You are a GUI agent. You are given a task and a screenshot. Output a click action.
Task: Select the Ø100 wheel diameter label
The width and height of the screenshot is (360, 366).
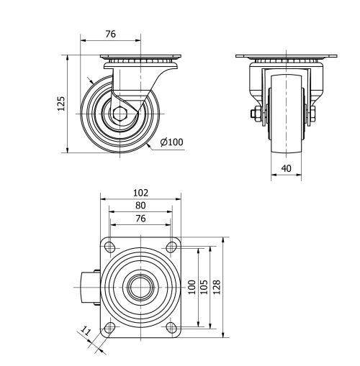pos(171,142)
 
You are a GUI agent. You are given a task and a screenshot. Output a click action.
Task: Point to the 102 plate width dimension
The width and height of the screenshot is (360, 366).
pos(140,192)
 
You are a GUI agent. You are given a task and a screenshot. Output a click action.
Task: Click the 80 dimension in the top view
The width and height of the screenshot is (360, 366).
pos(140,205)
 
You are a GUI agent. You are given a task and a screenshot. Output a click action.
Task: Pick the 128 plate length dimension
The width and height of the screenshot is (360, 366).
pos(217,286)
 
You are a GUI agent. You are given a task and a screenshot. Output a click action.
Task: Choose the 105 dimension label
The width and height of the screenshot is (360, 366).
pos(204,286)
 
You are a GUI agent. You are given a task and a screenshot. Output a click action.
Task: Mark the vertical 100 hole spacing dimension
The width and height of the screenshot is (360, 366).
pos(192,286)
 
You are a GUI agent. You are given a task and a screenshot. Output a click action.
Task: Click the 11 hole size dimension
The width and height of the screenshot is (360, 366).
pos(86,332)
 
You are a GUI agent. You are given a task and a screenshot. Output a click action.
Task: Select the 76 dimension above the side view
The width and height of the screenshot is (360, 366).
pos(111,34)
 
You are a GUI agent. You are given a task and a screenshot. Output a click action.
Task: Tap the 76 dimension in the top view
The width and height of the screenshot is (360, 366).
pos(140,218)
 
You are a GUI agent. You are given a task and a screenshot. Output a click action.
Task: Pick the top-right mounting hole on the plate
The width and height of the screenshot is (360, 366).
pos(171,247)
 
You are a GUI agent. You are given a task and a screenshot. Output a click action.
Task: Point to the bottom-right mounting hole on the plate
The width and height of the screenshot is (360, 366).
pos(171,329)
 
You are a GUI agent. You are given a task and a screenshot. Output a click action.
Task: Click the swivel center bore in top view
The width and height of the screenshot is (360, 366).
pos(140,288)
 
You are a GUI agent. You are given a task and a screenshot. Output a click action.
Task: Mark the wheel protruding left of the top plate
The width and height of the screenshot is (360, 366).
pos(88,288)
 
